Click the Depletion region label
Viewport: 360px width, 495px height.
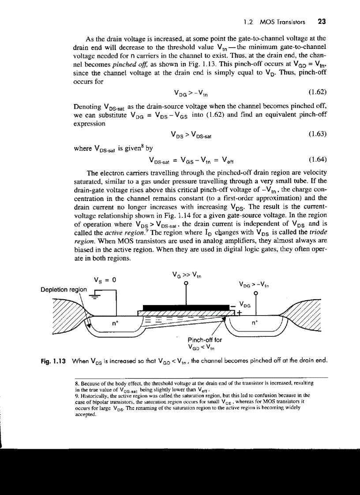click(x=64, y=290)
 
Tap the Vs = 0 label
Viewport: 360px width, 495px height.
click(x=105, y=279)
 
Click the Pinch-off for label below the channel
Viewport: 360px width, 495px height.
click(x=205, y=340)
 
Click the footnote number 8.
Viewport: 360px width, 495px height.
click(x=76, y=383)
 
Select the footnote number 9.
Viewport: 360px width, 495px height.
click(x=76, y=395)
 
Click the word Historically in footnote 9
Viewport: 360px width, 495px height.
click(x=91, y=395)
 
